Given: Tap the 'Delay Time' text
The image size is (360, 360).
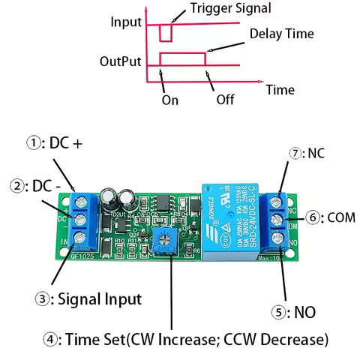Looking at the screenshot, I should point(281,34).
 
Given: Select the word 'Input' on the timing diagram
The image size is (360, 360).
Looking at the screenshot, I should point(126,22).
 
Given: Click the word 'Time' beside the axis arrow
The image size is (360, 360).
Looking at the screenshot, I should point(280,89).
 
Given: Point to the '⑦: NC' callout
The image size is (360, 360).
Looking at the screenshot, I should point(307,153).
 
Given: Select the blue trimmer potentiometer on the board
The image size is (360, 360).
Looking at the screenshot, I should point(160,240).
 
